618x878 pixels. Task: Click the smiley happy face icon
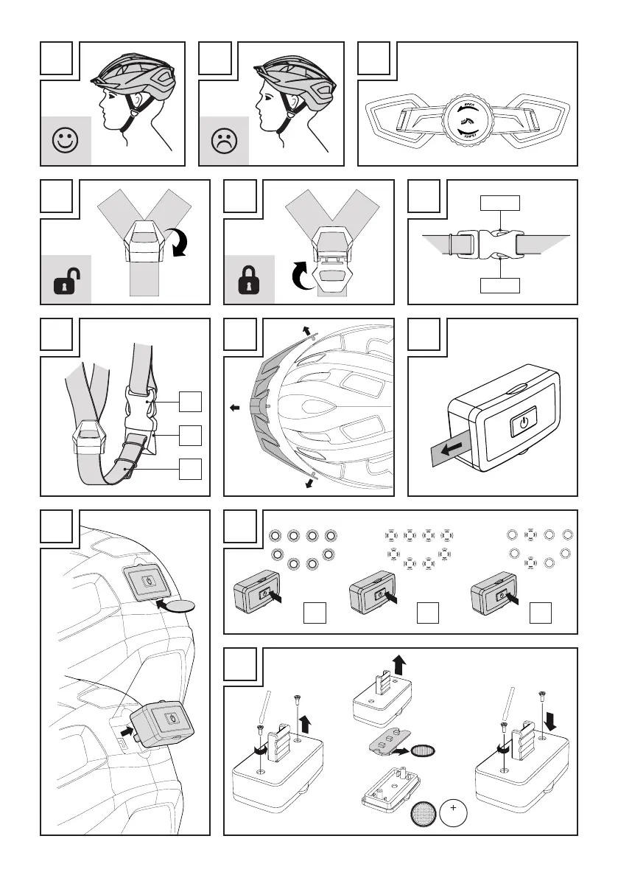pos(66,141)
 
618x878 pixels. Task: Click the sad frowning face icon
pos(224,141)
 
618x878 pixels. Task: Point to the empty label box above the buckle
pos(501,203)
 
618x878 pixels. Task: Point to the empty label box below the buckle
pos(501,285)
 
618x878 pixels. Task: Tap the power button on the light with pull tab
pos(522,423)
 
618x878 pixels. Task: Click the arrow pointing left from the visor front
pos(234,406)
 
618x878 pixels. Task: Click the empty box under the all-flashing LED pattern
pos(428,611)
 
